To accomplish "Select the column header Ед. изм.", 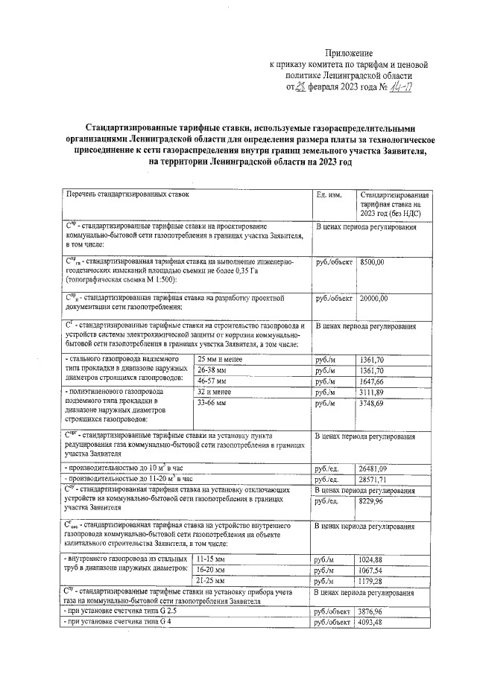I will pyautogui.click(x=329, y=194).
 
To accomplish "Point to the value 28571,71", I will pyautogui.click(x=374, y=480).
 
